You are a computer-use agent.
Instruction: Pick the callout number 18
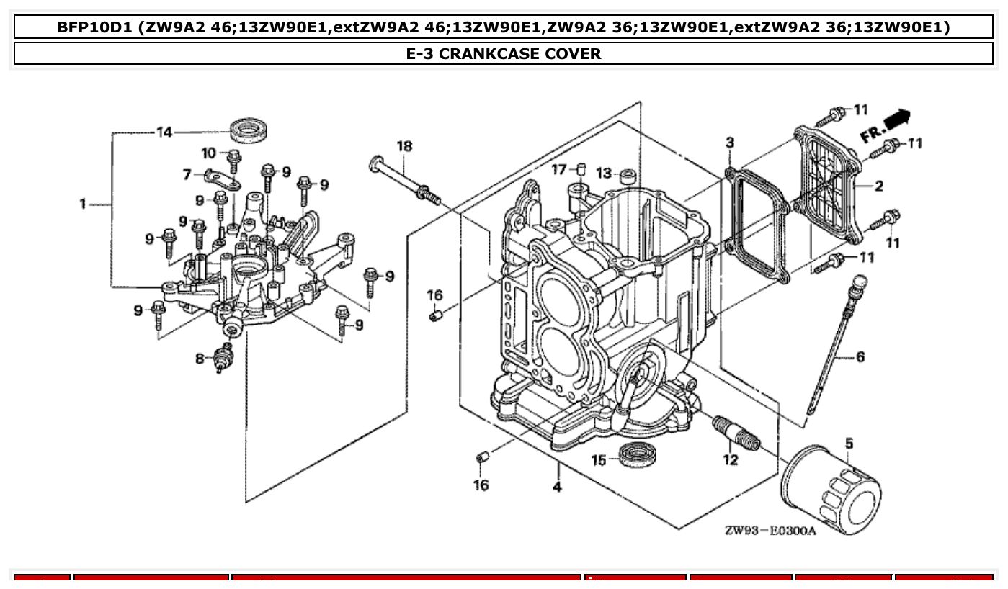click(404, 147)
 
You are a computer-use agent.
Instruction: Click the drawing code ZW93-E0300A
click(771, 531)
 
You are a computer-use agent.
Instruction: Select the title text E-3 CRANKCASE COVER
click(504, 53)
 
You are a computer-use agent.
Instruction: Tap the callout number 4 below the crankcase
click(557, 487)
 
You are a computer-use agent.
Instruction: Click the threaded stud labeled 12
click(736, 434)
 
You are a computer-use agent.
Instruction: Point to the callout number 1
click(83, 204)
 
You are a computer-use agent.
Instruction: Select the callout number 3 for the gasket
click(730, 143)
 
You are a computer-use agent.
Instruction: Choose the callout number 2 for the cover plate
click(879, 186)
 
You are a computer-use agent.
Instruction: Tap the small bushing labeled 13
click(629, 175)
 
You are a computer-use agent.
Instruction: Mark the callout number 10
click(209, 153)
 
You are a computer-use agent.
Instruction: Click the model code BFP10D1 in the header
click(97, 27)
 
